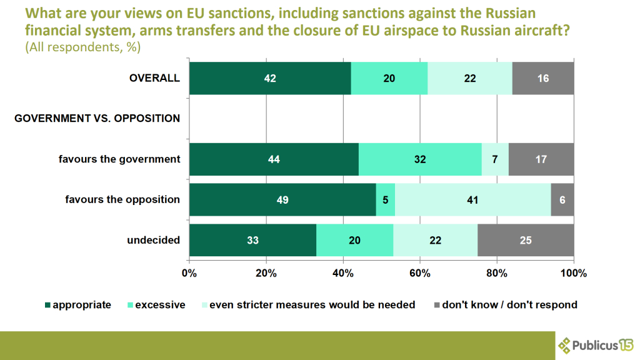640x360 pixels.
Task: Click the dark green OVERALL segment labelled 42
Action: [270, 78]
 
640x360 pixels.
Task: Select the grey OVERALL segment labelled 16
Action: [542, 78]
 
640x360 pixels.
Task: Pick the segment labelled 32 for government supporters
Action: [420, 159]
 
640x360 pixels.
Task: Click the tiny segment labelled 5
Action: [385, 199]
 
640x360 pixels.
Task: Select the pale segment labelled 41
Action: [472, 199]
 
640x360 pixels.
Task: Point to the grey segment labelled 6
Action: [562, 199]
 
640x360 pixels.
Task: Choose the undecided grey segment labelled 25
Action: [526, 240]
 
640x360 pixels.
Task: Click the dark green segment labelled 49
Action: [282, 199]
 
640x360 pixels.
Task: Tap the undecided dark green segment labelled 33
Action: [252, 240]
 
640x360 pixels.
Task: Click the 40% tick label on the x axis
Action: [343, 273]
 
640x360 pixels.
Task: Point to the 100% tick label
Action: [573, 273]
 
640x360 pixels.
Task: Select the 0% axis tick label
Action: [189, 273]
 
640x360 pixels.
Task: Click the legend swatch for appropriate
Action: [47, 306]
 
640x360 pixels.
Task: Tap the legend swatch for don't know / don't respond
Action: [437, 306]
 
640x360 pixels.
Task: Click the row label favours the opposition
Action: [122, 199]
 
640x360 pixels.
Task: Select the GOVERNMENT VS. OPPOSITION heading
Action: [97, 118]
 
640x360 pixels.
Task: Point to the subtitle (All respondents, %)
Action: [83, 47]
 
